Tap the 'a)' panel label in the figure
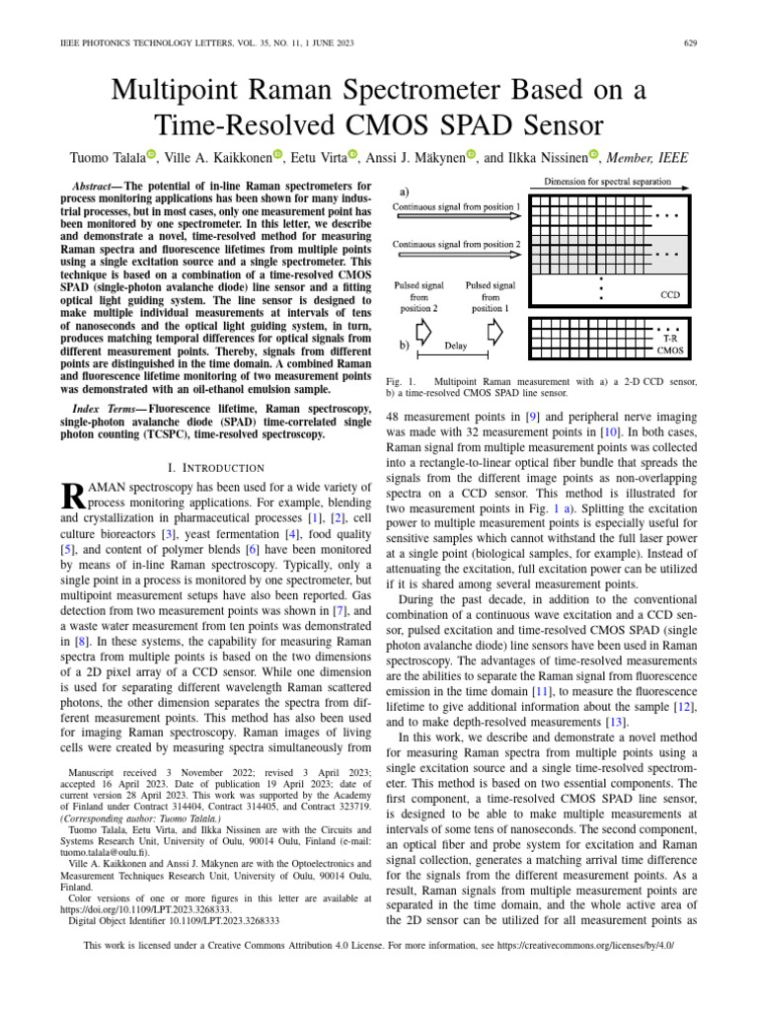tap(405, 192)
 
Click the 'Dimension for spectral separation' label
tap(607, 183)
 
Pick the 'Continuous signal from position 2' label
tap(457, 244)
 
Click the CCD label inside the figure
tap(667, 294)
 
